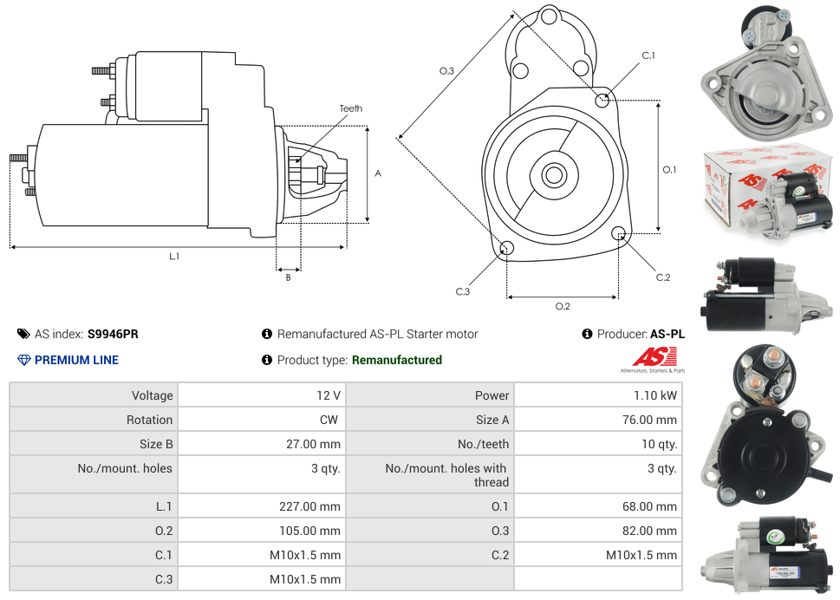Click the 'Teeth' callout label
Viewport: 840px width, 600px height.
click(350, 108)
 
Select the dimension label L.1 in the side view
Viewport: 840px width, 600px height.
click(174, 256)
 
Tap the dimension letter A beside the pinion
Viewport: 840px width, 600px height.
click(378, 173)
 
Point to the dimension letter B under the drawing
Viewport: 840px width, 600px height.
click(288, 277)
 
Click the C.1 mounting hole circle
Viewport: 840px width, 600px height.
click(602, 100)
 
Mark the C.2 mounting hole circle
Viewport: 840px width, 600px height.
click(619, 233)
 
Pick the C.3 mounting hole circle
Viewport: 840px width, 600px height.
click(507, 250)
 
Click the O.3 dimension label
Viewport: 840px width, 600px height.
click(446, 71)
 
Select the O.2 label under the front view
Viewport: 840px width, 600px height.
click(563, 306)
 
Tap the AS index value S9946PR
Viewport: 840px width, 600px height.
click(113, 334)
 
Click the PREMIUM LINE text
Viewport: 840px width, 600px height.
click(76, 360)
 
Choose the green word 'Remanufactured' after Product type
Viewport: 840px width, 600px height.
click(396, 360)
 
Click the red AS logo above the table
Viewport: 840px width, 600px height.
click(653, 356)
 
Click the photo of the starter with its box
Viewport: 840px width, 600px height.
click(768, 197)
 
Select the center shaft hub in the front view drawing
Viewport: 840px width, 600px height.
click(553, 175)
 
